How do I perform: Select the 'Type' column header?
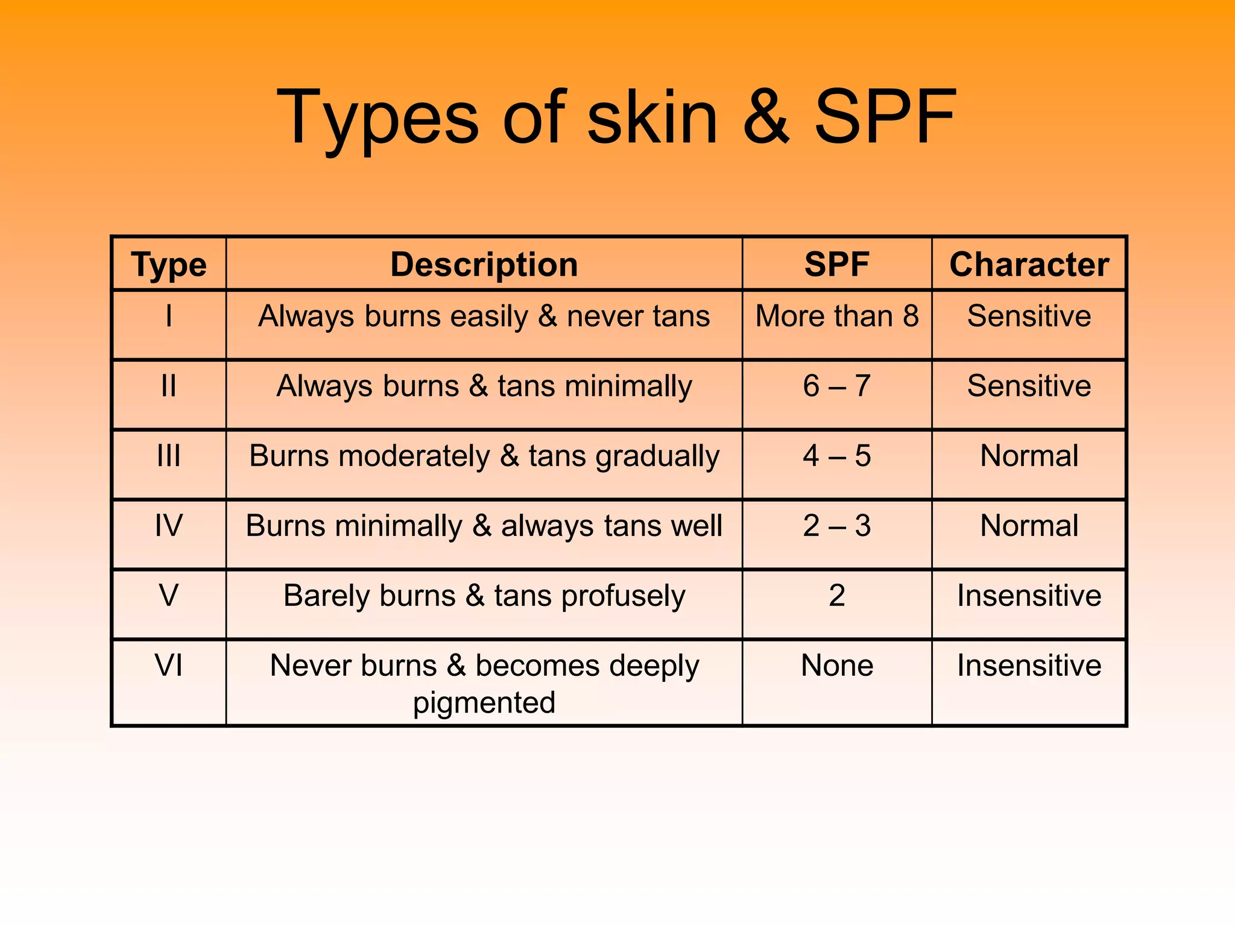click(x=169, y=265)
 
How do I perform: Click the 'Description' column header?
click(x=484, y=265)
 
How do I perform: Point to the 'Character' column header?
click(x=1029, y=265)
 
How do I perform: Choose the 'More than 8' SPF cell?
click(x=837, y=316)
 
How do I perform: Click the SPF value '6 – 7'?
click(x=837, y=386)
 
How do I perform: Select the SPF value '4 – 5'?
click(x=837, y=456)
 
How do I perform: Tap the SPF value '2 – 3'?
click(x=837, y=526)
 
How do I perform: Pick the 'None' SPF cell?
click(x=837, y=666)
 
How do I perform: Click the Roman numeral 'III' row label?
click(x=169, y=456)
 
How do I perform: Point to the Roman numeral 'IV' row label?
click(x=169, y=526)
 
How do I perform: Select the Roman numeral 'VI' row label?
click(x=169, y=666)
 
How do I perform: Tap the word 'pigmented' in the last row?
click(x=484, y=703)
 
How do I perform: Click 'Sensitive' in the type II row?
click(x=1029, y=386)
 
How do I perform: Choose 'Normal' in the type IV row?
click(x=1029, y=526)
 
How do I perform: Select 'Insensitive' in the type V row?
click(x=1029, y=596)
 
